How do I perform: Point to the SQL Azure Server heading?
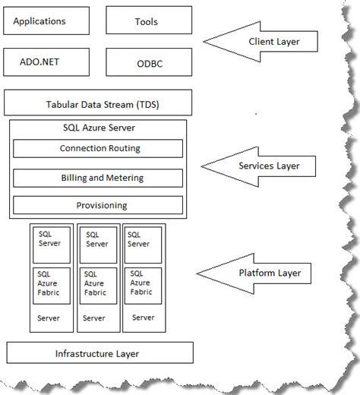click(99, 127)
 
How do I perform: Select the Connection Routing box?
click(99, 148)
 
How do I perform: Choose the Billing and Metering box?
click(99, 178)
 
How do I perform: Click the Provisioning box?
click(99, 205)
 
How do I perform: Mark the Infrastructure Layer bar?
click(99, 353)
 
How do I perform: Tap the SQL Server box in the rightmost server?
click(143, 244)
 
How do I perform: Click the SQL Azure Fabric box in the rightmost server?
click(143, 286)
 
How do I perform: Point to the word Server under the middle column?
click(94, 318)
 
